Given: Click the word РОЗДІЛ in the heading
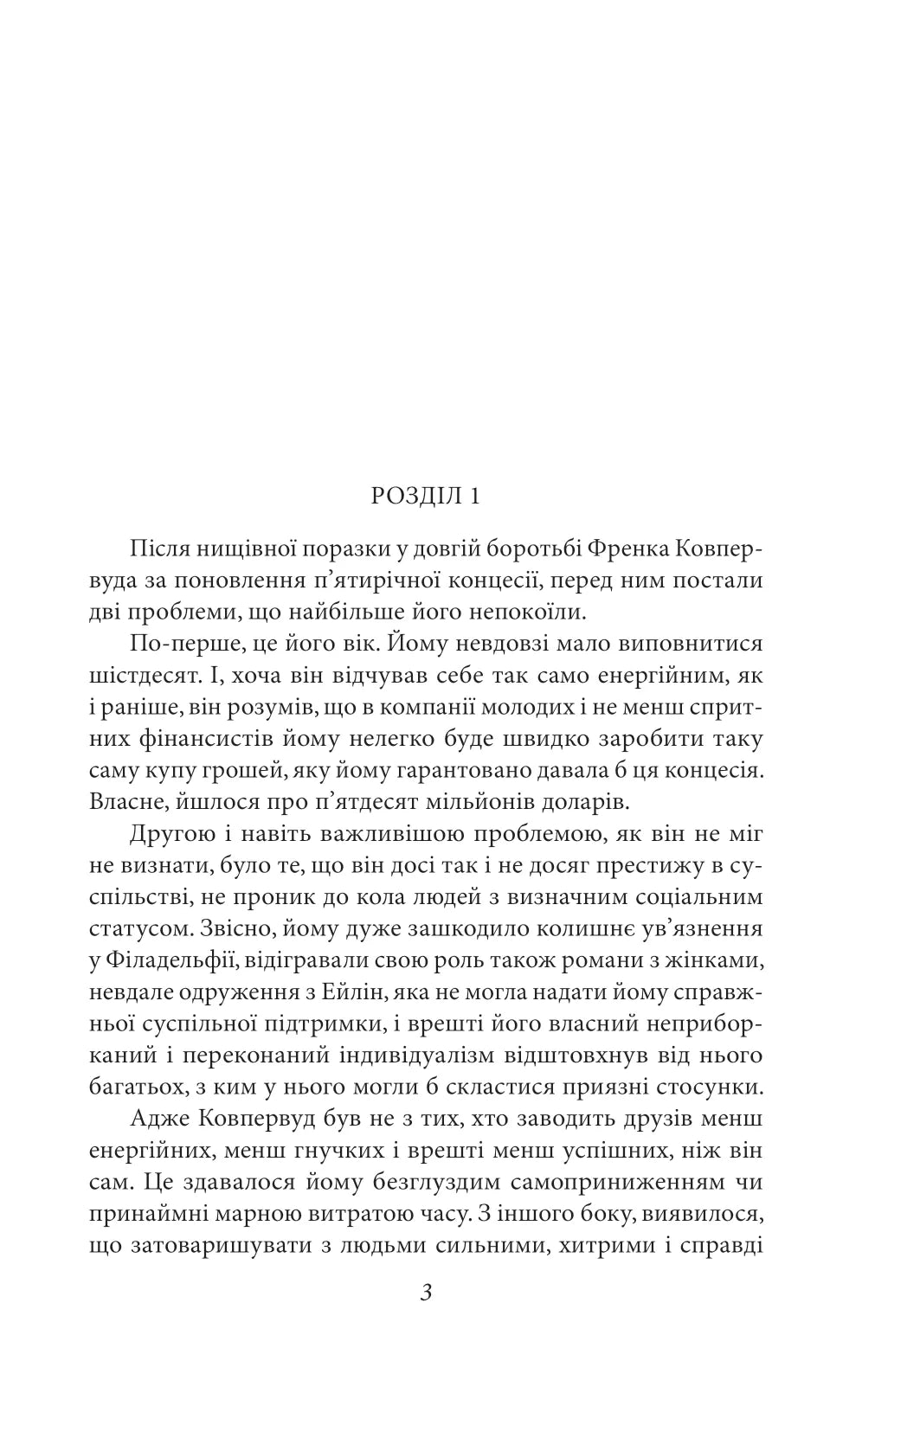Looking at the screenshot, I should tap(416, 496).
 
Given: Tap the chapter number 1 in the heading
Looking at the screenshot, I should tap(474, 496).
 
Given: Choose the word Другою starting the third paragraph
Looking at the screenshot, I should tap(170, 835).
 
